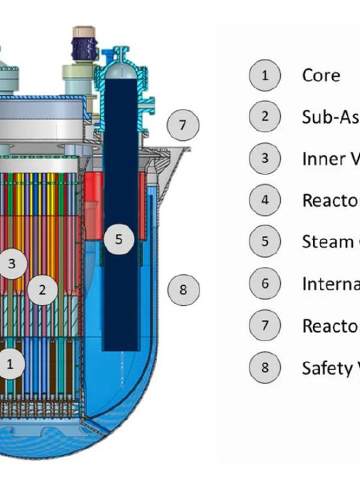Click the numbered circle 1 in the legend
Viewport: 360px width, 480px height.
coord(265,76)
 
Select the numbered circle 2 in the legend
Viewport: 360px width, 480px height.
coord(265,117)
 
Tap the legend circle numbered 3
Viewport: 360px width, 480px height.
coord(265,158)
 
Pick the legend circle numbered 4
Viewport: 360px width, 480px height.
coord(265,200)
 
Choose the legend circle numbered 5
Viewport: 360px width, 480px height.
coord(265,241)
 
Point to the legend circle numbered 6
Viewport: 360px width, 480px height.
coord(265,283)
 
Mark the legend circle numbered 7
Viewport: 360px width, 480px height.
coord(265,325)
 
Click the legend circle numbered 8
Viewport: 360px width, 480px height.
coord(265,367)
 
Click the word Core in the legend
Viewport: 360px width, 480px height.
coord(321,76)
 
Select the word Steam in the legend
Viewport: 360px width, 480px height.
coord(327,242)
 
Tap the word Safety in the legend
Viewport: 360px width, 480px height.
coord(327,368)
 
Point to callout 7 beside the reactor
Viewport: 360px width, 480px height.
coord(183,125)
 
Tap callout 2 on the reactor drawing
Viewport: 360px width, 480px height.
coord(42,290)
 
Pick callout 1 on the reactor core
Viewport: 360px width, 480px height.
coord(9,363)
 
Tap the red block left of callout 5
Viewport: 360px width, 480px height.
coord(93,186)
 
